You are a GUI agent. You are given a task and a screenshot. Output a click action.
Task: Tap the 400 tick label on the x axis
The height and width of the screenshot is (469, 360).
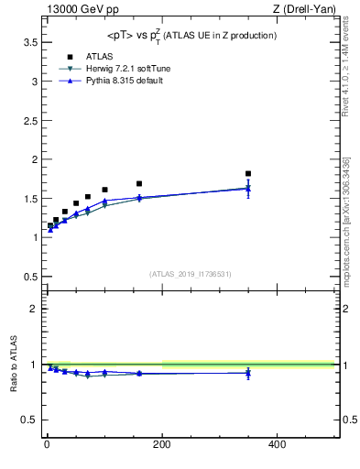click(277, 445)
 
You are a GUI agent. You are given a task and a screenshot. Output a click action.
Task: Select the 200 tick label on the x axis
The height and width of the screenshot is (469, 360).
click(161, 445)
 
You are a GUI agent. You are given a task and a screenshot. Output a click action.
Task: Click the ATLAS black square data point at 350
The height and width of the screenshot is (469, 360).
click(248, 173)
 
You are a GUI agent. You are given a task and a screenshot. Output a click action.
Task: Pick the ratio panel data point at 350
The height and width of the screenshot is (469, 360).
click(248, 373)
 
